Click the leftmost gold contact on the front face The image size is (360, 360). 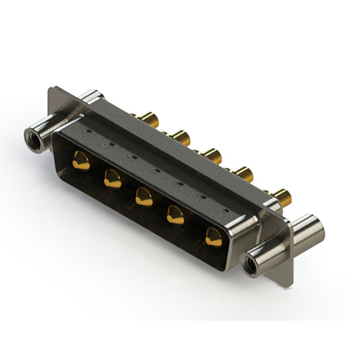81,161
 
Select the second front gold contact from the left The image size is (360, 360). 112,179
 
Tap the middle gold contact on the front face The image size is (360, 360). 144,197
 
